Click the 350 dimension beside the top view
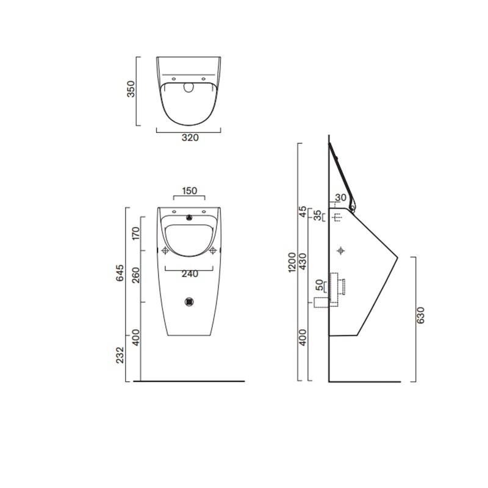[131, 89]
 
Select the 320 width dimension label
[190, 138]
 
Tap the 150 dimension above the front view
[190, 190]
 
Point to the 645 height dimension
[120, 273]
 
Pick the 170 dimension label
[136, 234]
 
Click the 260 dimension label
[136, 276]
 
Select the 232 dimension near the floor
[120, 355]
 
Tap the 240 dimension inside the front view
[190, 274]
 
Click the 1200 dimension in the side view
[292, 262]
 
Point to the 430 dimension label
[303, 262]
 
